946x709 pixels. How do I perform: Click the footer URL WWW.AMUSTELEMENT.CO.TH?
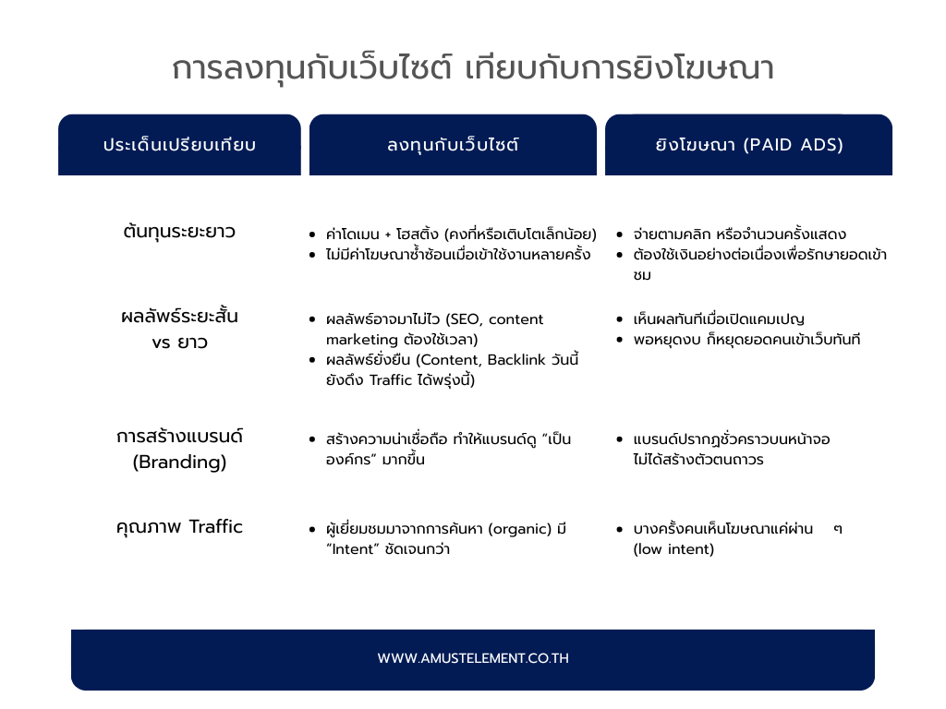click(473, 658)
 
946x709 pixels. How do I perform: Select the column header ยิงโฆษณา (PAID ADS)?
click(748, 145)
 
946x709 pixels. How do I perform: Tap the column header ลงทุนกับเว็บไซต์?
click(453, 145)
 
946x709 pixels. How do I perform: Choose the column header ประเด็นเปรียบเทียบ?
click(179, 145)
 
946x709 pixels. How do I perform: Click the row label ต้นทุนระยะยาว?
click(179, 232)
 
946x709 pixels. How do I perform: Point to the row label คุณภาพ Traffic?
click(179, 527)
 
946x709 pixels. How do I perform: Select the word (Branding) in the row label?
click(179, 463)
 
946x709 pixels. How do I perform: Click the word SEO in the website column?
click(465, 319)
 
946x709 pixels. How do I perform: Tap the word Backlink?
click(516, 360)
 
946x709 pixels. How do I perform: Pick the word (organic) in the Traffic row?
click(519, 529)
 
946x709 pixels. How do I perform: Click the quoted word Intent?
click(352, 549)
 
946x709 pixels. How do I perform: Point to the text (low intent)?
click(673, 549)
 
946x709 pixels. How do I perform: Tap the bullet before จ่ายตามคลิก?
click(620, 234)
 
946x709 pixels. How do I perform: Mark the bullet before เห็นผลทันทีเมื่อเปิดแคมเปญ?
click(620, 319)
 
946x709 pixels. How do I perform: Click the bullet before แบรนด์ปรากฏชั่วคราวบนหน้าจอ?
click(620, 439)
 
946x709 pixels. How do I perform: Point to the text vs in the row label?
click(161, 343)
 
